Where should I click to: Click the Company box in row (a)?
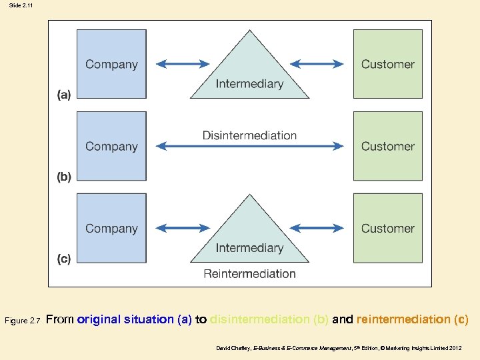coord(111,64)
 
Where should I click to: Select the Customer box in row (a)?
coord(387,64)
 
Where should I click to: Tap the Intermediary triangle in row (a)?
coord(250,73)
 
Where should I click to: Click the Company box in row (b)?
coord(111,146)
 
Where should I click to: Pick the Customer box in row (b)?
coord(387,146)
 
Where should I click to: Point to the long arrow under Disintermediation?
coord(250,147)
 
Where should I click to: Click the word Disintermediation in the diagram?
coord(250,135)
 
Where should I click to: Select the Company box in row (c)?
coord(111,228)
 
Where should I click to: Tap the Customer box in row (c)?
coord(387,228)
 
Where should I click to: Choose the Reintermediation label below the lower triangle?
coord(250,273)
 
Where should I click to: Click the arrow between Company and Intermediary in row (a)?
coord(183,64)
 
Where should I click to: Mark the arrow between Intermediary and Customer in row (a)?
coord(317,64)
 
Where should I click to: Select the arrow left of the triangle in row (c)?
coord(183,228)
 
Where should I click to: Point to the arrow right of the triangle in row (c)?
coord(317,228)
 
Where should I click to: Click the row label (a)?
coord(63,95)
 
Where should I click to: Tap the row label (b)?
coord(63,177)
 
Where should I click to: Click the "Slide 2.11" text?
coord(21,5)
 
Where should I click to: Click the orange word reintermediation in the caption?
coord(402,319)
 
